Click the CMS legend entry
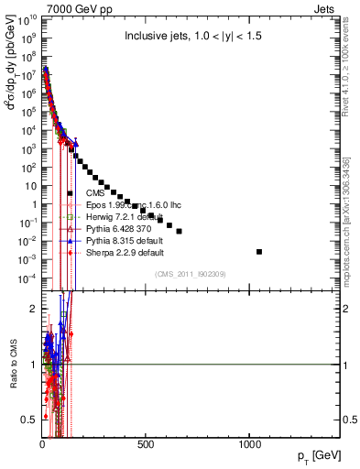coord(95,193)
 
